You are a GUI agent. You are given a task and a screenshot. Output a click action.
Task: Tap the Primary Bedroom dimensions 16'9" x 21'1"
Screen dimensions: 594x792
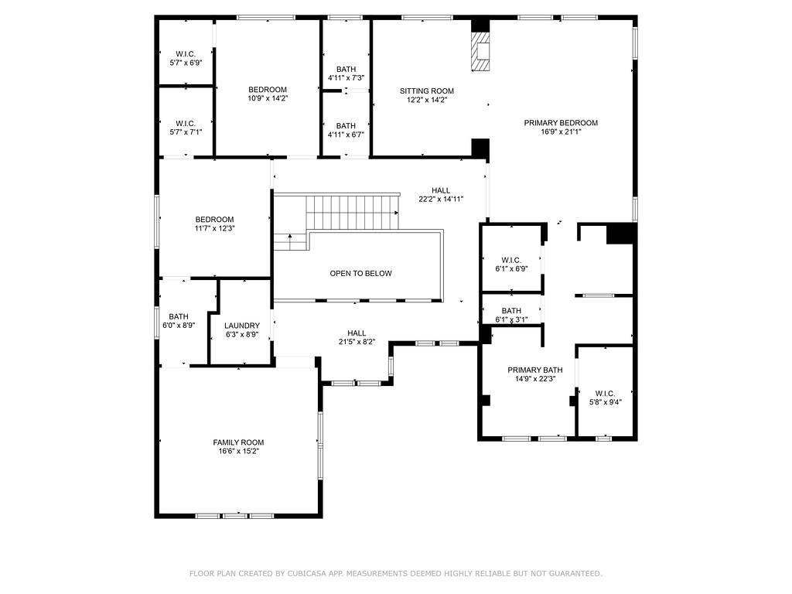pyautogui.click(x=561, y=132)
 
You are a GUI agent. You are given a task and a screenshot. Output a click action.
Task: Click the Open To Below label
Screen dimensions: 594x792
pyautogui.click(x=360, y=274)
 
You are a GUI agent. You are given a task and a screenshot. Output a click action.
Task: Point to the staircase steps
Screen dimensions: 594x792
pyautogui.click(x=352, y=212)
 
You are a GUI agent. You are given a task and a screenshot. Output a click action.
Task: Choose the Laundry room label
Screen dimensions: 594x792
pyautogui.click(x=241, y=326)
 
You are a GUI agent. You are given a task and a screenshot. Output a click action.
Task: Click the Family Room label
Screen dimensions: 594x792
pyautogui.click(x=238, y=442)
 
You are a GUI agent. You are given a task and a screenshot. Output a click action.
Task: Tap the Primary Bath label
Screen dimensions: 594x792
pyautogui.click(x=534, y=370)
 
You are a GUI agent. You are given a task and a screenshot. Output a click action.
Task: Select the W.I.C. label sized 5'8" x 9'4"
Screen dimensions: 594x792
pyautogui.click(x=605, y=394)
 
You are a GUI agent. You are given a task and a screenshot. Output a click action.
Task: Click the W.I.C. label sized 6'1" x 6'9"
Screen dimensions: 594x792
pyautogui.click(x=511, y=260)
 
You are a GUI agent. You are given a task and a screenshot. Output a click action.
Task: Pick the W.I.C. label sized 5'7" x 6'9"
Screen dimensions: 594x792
pyautogui.click(x=185, y=53)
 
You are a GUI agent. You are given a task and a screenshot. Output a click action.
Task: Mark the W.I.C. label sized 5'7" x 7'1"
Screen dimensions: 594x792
pyautogui.click(x=185, y=123)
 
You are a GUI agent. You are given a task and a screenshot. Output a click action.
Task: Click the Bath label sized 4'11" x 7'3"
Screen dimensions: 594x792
pyautogui.click(x=346, y=70)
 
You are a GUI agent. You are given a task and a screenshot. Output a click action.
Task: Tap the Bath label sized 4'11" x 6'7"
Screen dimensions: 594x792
pyautogui.click(x=346, y=126)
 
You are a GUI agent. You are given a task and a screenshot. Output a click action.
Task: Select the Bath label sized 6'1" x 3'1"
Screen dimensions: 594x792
pyautogui.click(x=511, y=311)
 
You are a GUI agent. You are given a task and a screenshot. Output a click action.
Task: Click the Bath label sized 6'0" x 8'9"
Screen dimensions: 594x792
pyautogui.click(x=179, y=316)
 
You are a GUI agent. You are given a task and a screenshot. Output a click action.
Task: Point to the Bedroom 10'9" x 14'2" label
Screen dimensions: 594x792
pyautogui.click(x=268, y=90)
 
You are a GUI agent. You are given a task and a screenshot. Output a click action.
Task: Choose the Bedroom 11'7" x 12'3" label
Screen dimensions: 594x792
pyautogui.click(x=214, y=220)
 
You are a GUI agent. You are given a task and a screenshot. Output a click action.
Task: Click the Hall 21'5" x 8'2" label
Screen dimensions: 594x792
pyautogui.click(x=357, y=333)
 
